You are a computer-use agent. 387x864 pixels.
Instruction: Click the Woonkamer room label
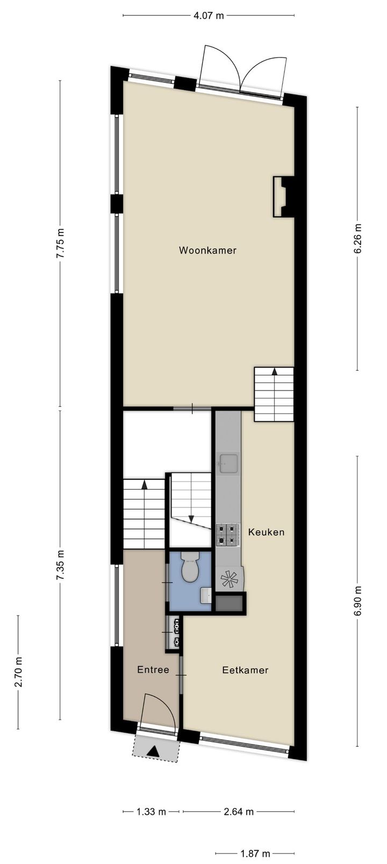207,250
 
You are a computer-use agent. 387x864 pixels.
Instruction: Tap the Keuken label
266,532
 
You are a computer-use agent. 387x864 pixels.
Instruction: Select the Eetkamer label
245,670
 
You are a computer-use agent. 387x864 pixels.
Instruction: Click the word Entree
153,670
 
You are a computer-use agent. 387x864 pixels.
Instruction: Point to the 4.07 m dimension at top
209,16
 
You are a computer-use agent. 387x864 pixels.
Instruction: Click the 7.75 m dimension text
60,244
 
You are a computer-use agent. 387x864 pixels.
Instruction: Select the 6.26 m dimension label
358,238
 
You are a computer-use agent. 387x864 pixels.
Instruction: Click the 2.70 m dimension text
18,672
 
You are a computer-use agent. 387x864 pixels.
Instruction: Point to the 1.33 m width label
153,812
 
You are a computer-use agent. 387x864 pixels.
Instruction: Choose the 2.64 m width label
238,812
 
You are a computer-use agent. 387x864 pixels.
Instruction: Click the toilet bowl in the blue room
190,569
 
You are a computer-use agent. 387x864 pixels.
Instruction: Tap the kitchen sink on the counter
228,463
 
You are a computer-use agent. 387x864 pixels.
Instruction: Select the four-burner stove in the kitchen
228,535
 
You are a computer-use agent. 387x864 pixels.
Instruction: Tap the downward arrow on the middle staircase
191,519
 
